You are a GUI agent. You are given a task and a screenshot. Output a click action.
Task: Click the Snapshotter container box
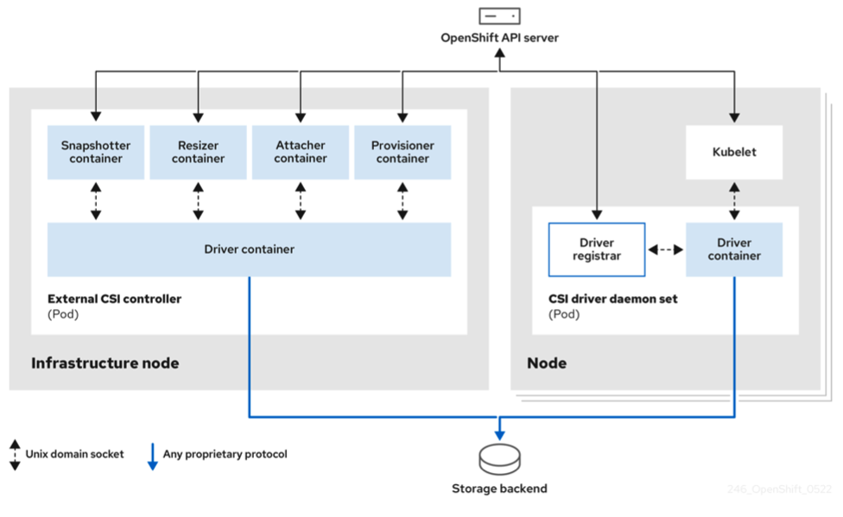click(96, 152)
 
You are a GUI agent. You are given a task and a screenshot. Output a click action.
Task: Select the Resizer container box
click(198, 152)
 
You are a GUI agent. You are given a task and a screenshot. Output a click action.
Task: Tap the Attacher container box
click(301, 152)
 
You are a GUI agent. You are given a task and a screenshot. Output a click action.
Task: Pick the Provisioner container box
click(402, 152)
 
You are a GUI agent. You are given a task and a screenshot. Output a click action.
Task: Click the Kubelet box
click(734, 152)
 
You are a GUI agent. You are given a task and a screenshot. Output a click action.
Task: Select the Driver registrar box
click(596, 249)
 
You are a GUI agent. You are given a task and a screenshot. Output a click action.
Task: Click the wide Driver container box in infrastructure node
click(249, 249)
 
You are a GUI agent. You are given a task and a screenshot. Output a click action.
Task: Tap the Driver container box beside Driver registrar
click(734, 249)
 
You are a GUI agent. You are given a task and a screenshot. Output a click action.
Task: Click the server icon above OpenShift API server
click(499, 16)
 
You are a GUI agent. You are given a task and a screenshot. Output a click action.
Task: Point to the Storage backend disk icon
click(499, 459)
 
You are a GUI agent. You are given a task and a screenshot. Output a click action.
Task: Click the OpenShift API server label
click(499, 38)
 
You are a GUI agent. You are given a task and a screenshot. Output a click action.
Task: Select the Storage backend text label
click(499, 489)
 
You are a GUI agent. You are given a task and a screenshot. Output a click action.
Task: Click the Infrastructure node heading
click(105, 363)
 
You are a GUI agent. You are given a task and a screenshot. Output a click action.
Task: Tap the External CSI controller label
click(115, 299)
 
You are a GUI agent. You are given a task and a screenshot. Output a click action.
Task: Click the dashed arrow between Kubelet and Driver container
click(734, 201)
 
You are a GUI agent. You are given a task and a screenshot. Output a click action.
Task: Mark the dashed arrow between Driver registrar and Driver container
click(665, 250)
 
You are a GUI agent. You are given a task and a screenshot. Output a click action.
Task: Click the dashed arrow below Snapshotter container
click(96, 201)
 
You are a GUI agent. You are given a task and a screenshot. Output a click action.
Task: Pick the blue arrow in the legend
click(152, 456)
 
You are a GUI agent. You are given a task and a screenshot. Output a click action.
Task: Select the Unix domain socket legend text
click(75, 454)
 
